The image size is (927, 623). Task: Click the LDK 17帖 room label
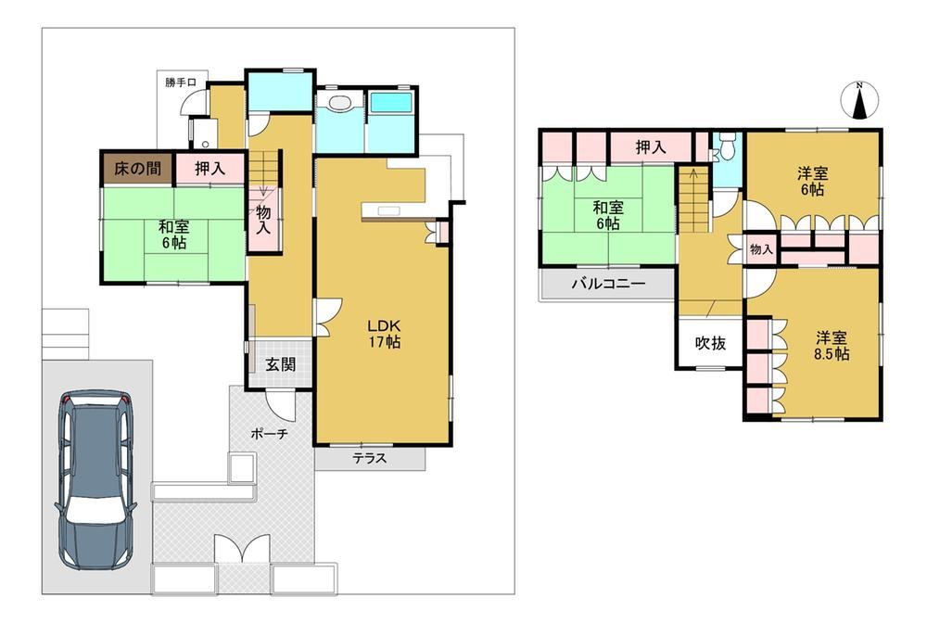[385, 334]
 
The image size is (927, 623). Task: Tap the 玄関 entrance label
[280, 364]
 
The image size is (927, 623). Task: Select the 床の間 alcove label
[137, 169]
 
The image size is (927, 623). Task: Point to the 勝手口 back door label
[181, 83]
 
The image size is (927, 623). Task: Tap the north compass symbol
[859, 100]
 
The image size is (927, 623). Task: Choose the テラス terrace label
[370, 457]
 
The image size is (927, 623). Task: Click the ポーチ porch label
[269, 434]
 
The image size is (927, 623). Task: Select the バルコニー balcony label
[608, 284]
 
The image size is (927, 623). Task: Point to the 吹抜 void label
[710, 343]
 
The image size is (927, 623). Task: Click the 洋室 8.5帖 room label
[832, 346]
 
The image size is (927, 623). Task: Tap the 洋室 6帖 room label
[812, 182]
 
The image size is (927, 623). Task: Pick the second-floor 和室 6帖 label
[608, 216]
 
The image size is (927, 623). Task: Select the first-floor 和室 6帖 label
[174, 235]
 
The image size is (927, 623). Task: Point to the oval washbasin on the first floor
[339, 103]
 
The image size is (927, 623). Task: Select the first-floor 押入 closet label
[210, 169]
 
